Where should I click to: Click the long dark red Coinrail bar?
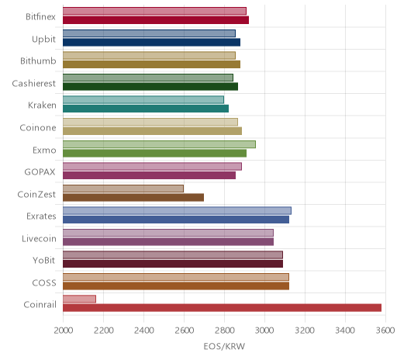(x=222, y=308)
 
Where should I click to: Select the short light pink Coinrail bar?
(x=79, y=299)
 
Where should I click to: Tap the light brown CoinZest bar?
(x=123, y=189)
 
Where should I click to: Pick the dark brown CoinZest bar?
(x=133, y=197)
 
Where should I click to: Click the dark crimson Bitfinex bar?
(x=156, y=20)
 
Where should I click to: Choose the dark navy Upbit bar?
(x=151, y=42)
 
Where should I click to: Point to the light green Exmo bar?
(x=159, y=144)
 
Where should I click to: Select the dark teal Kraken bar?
(x=146, y=109)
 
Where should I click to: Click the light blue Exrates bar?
(x=177, y=210)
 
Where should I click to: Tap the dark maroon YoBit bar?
(x=173, y=264)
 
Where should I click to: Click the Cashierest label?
(x=34, y=83)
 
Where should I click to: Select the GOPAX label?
(x=40, y=172)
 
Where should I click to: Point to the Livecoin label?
(x=39, y=238)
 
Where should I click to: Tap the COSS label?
(x=44, y=282)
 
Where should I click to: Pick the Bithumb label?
(x=38, y=61)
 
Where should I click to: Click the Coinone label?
(x=38, y=127)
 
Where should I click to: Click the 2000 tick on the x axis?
(x=64, y=331)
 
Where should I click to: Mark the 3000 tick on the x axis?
(x=265, y=331)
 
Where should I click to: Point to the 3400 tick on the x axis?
(x=345, y=331)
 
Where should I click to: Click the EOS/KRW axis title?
(x=224, y=346)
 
